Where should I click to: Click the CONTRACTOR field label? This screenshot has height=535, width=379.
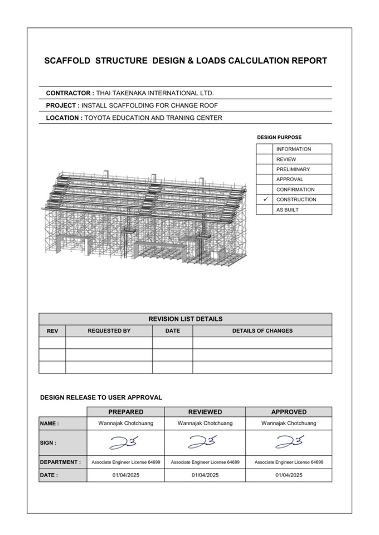(69, 93)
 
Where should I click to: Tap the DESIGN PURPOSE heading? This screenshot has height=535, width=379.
(279, 137)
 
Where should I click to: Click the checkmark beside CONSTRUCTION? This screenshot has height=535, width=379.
(265, 200)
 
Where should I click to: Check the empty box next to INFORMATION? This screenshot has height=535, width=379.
(265, 149)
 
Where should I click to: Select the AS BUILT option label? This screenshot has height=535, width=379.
(287, 210)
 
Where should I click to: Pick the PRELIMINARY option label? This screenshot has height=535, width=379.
(293, 169)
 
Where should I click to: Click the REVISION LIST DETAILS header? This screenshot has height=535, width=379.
(185, 319)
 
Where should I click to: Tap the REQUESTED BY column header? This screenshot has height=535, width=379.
(109, 330)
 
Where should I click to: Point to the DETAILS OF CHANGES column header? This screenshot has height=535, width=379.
(262, 330)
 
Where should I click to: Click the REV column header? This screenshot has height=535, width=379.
(52, 331)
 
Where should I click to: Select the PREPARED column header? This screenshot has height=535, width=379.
(125, 412)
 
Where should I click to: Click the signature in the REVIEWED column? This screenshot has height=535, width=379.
(205, 442)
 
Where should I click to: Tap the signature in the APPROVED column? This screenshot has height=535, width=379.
(289, 442)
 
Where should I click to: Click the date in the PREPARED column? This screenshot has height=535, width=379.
(125, 475)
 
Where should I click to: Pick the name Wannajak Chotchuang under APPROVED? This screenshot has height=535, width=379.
(289, 424)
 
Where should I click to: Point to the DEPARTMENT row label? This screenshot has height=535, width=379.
(60, 462)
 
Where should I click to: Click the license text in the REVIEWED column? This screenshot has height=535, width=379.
(205, 462)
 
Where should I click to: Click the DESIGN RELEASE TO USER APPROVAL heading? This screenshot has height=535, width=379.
(101, 397)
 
